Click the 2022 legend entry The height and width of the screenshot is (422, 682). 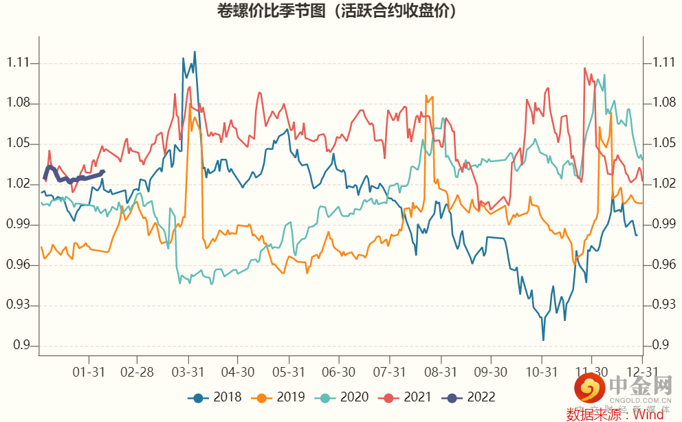(x=472, y=397)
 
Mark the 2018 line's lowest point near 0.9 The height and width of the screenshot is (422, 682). (x=543, y=340)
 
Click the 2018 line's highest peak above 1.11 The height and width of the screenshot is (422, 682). (x=195, y=52)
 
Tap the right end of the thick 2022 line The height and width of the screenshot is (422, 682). (x=103, y=171)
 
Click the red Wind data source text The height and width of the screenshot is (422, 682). (x=615, y=414)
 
